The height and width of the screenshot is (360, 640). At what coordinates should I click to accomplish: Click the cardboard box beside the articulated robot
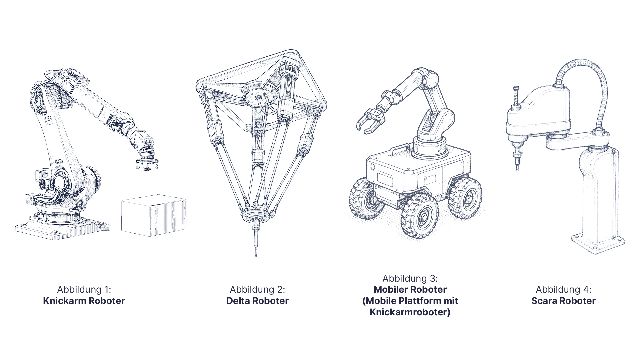point(154,216)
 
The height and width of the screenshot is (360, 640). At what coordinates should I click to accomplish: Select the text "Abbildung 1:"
point(84,289)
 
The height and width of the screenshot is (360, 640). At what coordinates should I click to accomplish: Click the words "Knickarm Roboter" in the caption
point(84,301)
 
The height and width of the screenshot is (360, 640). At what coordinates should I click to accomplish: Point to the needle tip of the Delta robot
point(256,255)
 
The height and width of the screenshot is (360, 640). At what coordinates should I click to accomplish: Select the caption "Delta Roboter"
point(257,301)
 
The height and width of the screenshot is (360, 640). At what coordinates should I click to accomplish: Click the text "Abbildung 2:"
point(257,289)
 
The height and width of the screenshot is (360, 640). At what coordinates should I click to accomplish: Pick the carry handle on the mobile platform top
point(399,149)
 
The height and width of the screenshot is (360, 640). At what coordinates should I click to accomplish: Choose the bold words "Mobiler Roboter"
point(410,289)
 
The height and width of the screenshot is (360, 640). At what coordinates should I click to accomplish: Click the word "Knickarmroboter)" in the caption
point(410,312)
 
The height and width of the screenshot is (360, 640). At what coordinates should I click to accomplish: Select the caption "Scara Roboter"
point(563,301)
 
